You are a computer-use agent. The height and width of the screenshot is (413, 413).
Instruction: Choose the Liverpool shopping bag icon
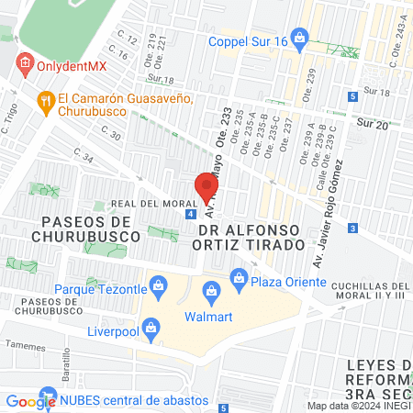(152, 326)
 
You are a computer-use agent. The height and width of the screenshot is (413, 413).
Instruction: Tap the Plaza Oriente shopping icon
(239, 275)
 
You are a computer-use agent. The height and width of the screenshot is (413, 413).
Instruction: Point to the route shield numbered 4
(189, 214)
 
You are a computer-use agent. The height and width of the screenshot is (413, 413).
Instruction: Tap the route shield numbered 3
(352, 227)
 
